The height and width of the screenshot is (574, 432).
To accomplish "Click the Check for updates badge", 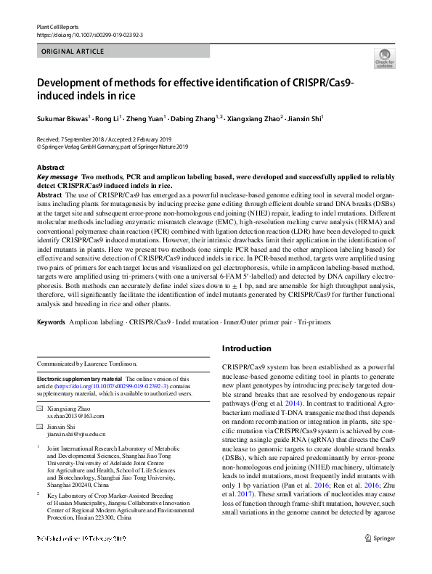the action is click(384, 60).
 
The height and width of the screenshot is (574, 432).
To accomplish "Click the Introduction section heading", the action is click(248, 348).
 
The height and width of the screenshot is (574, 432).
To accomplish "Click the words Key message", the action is click(57, 177).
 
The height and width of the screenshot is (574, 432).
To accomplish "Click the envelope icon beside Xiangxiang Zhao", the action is click(39, 409).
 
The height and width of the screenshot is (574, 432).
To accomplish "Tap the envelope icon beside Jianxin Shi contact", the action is click(39, 427).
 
